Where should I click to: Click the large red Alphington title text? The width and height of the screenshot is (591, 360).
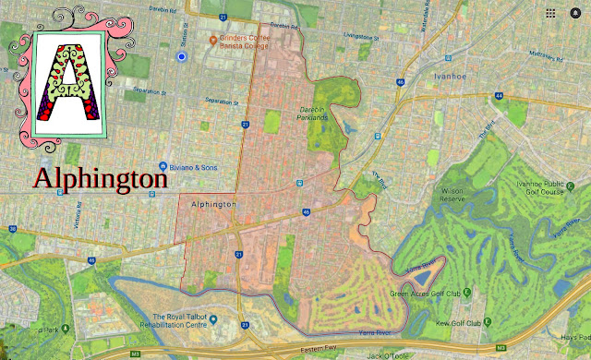coord(102,177)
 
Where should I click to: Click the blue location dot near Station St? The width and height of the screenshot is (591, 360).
coord(182,56)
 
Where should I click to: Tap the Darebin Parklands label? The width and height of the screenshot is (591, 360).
coord(313,114)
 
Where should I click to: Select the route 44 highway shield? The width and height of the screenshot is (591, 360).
coord(499,95)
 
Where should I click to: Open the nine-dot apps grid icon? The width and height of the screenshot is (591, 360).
coord(551,14)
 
